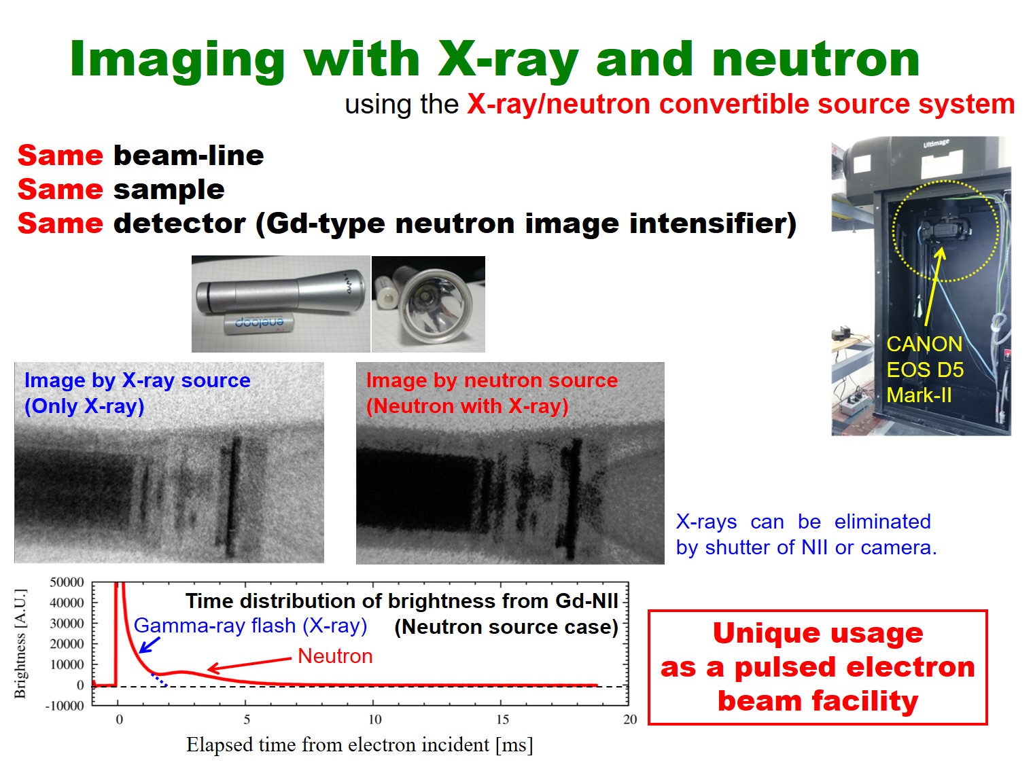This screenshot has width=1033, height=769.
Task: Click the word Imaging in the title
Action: coord(177,60)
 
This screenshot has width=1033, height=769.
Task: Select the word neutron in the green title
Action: coord(816,60)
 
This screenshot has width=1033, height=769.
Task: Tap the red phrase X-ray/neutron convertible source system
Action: coord(741,104)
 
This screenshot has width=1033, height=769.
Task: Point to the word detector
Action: coord(179,223)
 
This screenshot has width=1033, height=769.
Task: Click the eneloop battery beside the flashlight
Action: coord(259,324)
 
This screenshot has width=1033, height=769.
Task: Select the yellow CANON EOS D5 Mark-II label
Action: coord(925,370)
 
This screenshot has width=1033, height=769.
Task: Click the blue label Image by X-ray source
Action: coord(137,381)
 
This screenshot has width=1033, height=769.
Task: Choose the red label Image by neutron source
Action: coord(492,381)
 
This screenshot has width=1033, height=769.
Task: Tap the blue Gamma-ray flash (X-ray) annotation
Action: coord(251,626)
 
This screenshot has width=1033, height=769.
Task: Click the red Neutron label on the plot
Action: coord(335,656)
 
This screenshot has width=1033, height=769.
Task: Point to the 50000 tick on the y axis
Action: coord(67,582)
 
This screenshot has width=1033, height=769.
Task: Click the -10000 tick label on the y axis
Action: coord(65,706)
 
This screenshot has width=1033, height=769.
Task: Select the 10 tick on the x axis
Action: coord(375,719)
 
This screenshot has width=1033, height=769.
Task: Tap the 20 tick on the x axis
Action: coord(630,719)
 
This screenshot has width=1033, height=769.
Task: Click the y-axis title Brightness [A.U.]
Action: coord(20,644)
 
